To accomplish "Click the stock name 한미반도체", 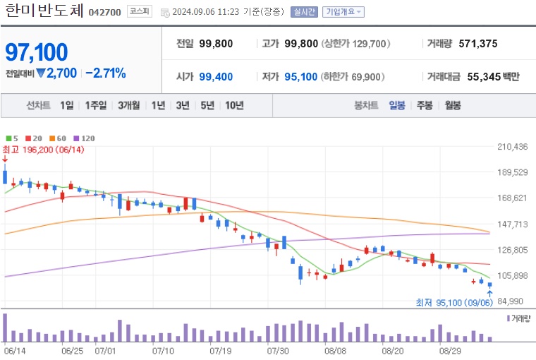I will click(44, 11).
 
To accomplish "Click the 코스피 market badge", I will click(138, 12).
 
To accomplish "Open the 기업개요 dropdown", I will click(343, 12).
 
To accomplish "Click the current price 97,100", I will click(37, 52).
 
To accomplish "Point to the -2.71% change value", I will click(106, 73).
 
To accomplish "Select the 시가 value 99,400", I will click(216, 77).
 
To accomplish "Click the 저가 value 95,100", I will click(300, 77).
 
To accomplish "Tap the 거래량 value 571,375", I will click(477, 44).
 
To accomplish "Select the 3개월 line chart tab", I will click(130, 105).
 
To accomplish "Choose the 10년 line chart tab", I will click(234, 105).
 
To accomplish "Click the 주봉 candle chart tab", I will click(424, 105).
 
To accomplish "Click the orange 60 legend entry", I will click(58, 138).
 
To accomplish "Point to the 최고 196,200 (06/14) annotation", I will click(43, 149).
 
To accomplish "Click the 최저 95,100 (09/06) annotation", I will click(453, 303).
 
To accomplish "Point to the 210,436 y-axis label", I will click(513, 147).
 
